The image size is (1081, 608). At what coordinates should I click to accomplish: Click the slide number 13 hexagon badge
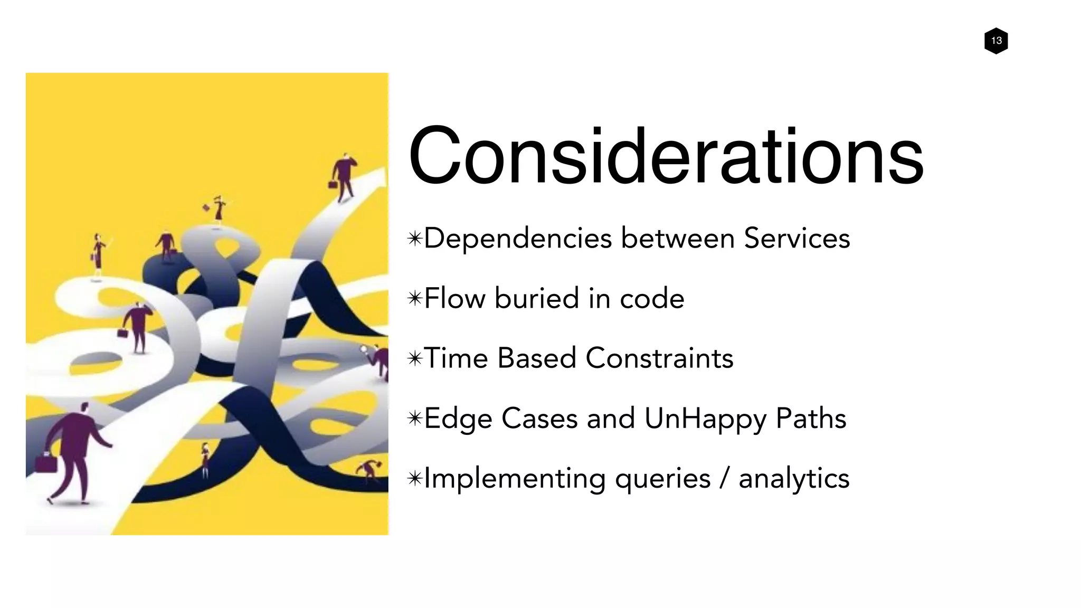[996, 41]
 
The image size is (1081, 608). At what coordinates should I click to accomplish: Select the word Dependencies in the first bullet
[517, 239]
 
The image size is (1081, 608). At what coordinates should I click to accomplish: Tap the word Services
[796, 238]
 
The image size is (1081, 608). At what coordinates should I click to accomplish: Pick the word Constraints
[659, 358]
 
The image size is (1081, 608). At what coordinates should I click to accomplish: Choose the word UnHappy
[705, 419]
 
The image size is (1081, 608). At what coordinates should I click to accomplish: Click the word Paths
[811, 419]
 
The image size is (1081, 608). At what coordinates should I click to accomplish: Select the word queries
[662, 479]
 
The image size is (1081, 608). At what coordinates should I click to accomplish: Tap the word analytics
[794, 479]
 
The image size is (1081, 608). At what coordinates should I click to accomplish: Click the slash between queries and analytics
[725, 479]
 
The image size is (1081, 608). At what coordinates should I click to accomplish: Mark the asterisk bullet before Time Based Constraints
[415, 359]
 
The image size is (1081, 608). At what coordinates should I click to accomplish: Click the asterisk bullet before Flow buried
[415, 299]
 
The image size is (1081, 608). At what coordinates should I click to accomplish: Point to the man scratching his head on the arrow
[344, 177]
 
